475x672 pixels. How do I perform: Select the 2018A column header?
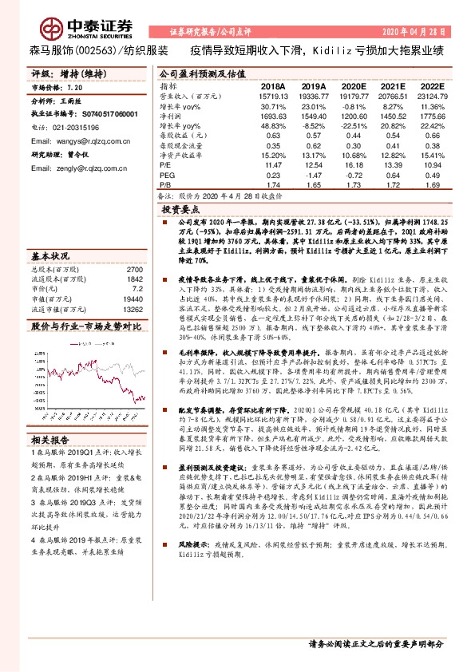(273, 85)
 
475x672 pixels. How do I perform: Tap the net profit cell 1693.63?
(273, 116)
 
